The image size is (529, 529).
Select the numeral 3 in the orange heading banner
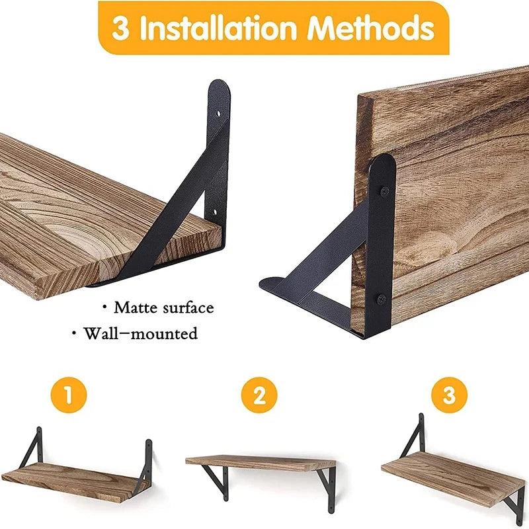(x=120, y=29)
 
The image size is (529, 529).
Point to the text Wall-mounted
(x=140, y=333)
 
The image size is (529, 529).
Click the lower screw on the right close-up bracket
(x=383, y=298)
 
